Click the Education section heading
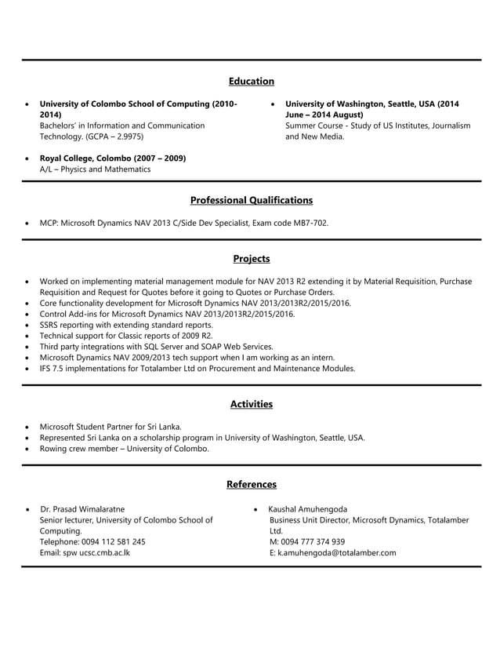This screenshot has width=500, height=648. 251,81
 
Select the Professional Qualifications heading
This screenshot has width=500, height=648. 251,200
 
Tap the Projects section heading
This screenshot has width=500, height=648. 251,258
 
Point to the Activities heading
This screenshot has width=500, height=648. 251,404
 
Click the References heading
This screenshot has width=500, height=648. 251,484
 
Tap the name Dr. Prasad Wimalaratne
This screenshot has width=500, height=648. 82,509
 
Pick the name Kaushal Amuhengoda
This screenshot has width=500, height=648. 308,509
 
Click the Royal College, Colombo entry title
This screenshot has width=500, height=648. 113,158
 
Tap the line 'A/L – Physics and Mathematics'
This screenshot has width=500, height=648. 95,169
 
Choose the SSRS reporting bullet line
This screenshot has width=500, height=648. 125,324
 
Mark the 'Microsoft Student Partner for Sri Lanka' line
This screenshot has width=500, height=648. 111,427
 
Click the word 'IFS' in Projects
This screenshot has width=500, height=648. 46,368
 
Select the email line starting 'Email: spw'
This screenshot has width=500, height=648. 85,552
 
